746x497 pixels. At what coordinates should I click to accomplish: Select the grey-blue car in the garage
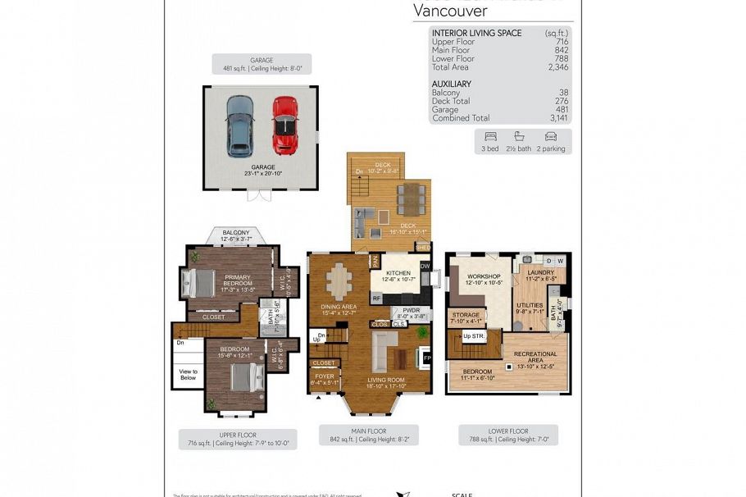(x=240, y=125)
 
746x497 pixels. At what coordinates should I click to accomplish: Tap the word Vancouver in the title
(x=450, y=11)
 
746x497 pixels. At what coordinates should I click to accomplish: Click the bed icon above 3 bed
(x=491, y=136)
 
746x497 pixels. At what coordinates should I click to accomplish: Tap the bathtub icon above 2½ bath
(x=520, y=136)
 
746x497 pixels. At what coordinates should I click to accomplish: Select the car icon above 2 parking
(x=550, y=136)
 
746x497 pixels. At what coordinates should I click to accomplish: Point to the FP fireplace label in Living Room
(x=425, y=358)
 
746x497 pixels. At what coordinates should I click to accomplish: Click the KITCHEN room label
(x=398, y=273)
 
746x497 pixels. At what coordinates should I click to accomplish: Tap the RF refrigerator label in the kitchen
(x=376, y=299)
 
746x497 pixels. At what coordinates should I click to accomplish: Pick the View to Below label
(x=189, y=375)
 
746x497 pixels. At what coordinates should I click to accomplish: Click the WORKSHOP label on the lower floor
(x=483, y=277)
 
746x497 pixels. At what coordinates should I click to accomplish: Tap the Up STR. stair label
(x=473, y=336)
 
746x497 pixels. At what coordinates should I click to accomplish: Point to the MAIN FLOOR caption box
(x=369, y=435)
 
